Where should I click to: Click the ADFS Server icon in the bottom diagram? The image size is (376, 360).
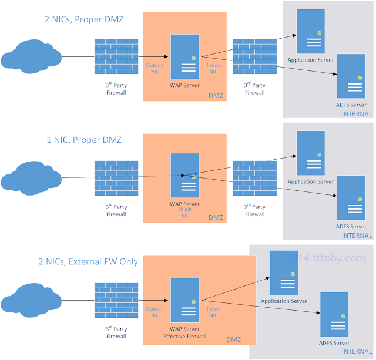tap(334, 314)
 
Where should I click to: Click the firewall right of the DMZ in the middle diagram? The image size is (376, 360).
tap(255, 177)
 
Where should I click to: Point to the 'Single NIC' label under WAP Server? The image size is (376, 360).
tap(185, 213)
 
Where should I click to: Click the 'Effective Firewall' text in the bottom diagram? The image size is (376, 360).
tap(185, 337)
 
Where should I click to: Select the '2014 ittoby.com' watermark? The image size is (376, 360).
tap(325, 258)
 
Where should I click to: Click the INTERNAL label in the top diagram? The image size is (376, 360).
tap(357, 114)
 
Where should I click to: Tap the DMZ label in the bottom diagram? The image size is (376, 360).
tap(234, 339)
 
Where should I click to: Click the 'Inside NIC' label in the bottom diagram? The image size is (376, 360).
tap(213, 312)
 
